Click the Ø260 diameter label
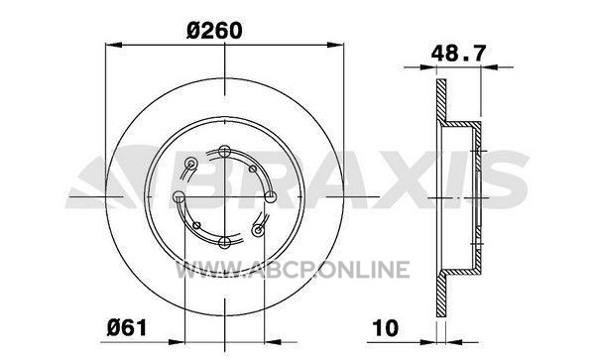[x=214, y=30]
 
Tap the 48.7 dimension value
[x=458, y=54]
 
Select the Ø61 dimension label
[x=127, y=327]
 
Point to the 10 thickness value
[x=386, y=327]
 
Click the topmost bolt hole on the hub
[x=225, y=152]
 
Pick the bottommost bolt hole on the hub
[x=225, y=242]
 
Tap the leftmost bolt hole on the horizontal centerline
[x=178, y=197]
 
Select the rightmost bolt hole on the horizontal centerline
[x=270, y=197]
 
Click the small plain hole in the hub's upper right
[x=252, y=169]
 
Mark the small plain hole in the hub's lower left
[x=196, y=225]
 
